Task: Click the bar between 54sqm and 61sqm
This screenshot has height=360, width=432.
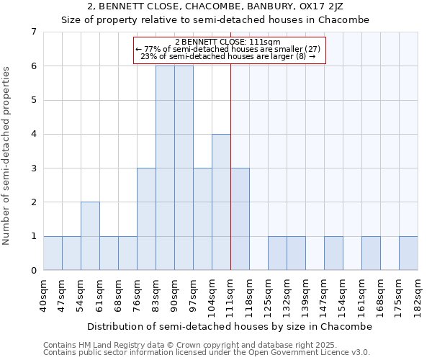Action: (x=90, y=236)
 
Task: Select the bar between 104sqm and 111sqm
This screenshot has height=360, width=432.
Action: (x=221, y=202)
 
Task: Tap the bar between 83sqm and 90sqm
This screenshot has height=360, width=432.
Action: (x=165, y=168)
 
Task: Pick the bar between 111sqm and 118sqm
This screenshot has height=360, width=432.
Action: (x=240, y=219)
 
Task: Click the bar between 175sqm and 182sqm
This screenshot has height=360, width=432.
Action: (x=408, y=253)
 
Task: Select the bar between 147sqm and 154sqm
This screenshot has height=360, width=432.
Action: (x=333, y=253)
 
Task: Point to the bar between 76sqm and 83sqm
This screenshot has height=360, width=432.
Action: (x=146, y=219)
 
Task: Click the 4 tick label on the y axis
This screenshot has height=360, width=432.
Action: (x=32, y=134)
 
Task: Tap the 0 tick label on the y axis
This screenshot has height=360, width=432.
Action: (x=32, y=271)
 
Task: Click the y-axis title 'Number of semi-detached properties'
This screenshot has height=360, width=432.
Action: (x=7, y=156)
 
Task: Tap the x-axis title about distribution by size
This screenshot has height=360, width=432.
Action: (x=230, y=326)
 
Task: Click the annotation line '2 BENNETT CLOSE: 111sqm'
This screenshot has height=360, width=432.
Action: (x=230, y=42)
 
